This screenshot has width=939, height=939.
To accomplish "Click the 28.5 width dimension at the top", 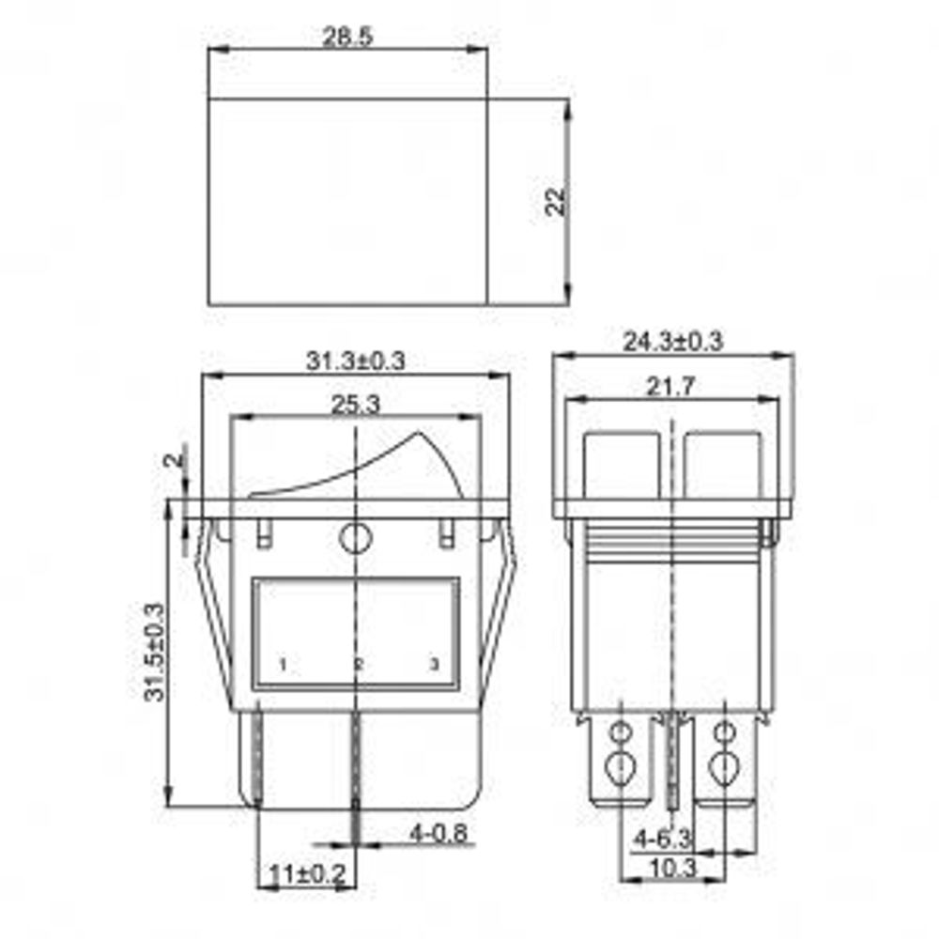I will pyautogui.click(x=347, y=38).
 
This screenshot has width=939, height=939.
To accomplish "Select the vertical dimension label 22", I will pyautogui.click(x=557, y=201).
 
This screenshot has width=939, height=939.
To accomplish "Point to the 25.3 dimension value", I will pyautogui.click(x=355, y=405).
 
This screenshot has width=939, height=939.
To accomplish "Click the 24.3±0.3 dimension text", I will pyautogui.click(x=673, y=342).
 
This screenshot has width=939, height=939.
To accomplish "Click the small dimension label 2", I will pyautogui.click(x=172, y=460).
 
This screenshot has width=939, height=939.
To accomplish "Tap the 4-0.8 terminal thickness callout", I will pyautogui.click(x=439, y=832).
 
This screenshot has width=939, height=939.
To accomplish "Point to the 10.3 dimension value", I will pyautogui.click(x=672, y=869).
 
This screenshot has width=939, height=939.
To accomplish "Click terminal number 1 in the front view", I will pyautogui.click(x=282, y=665).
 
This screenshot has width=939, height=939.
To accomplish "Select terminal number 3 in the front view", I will pyautogui.click(x=433, y=665).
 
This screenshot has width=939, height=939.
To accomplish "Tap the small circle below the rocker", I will pyautogui.click(x=355, y=539).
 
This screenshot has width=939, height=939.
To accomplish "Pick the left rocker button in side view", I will pyautogui.click(x=623, y=464).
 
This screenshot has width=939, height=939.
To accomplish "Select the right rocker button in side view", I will pyautogui.click(x=723, y=464).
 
